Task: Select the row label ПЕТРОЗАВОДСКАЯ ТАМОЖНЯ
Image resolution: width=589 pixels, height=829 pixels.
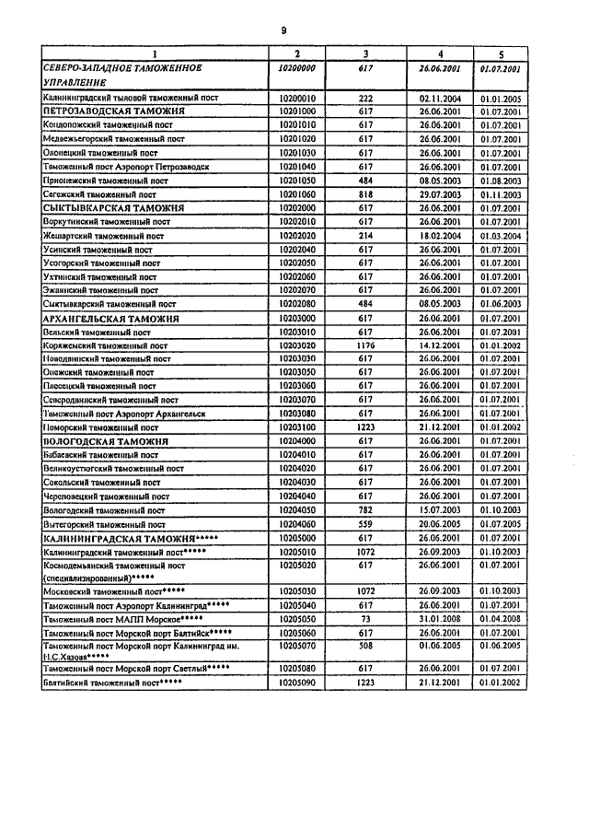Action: tap(114, 111)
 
